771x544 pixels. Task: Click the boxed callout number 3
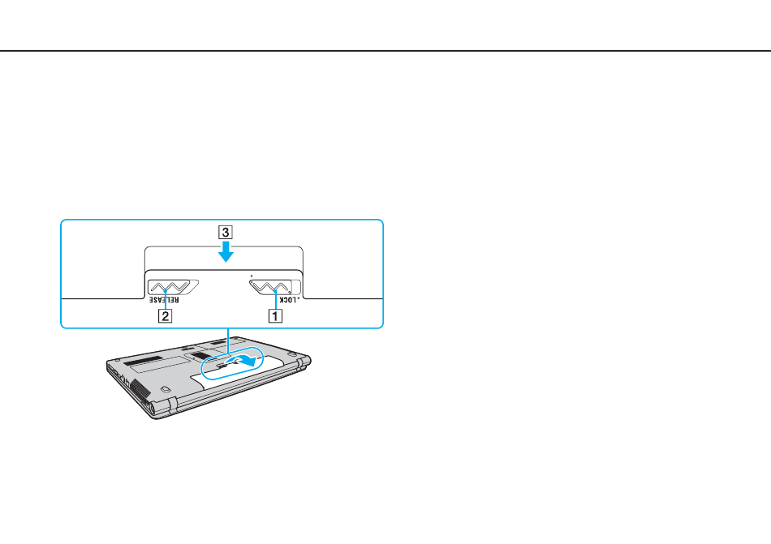225,232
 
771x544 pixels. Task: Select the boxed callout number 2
166,315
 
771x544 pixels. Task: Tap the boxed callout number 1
275,315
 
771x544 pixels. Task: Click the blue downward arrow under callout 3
226,251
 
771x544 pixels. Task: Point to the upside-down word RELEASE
164,299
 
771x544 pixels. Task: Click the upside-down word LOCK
288,299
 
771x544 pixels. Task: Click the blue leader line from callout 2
166,299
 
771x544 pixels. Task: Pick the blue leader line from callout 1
276,299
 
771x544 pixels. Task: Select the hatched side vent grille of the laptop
140,388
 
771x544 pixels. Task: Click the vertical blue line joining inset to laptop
228,341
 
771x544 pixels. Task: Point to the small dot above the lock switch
252,276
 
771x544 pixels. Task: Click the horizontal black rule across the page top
385,50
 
